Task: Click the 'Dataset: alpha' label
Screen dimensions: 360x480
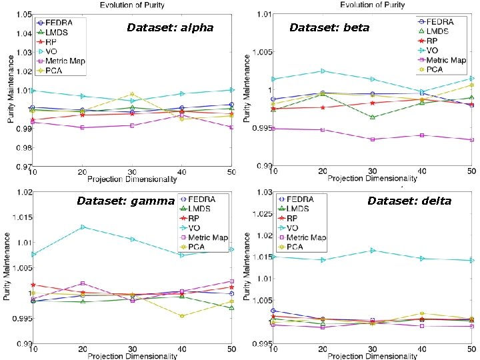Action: [170, 28]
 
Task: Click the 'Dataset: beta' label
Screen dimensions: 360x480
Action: [329, 28]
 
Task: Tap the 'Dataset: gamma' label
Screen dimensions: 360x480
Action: [125, 201]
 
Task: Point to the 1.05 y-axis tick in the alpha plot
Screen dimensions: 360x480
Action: [22, 14]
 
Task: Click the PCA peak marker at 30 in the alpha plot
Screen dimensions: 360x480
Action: [132, 94]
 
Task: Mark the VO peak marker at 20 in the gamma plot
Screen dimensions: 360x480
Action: [83, 227]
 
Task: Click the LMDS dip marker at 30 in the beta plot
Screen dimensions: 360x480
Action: [372, 117]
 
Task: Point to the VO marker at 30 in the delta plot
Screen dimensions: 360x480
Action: [372, 250]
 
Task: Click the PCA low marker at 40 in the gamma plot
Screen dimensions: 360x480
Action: [181, 316]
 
